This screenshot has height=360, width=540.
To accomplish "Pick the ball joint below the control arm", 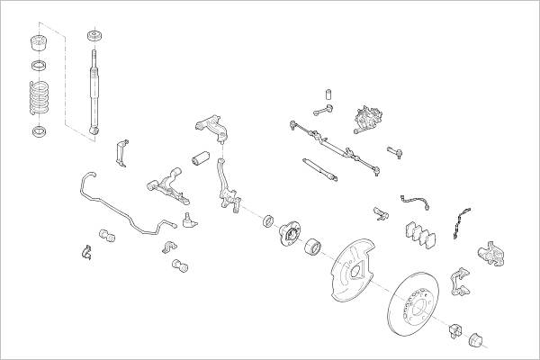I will [187, 219].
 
